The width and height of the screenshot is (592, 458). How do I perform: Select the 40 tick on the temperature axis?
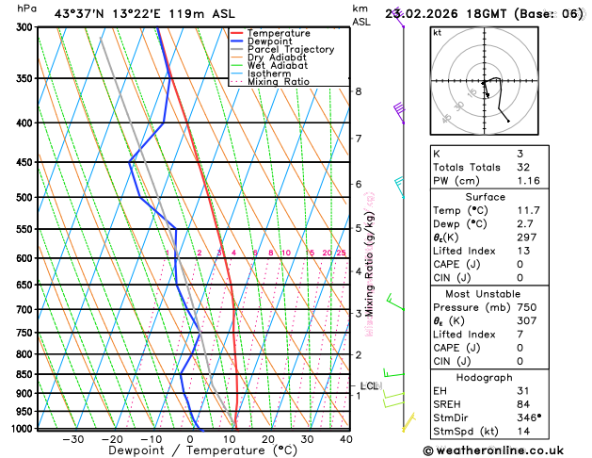345,439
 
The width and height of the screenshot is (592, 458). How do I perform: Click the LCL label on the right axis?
369,385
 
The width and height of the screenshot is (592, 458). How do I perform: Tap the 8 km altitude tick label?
358,91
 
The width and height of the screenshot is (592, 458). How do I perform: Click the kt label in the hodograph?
437,33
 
